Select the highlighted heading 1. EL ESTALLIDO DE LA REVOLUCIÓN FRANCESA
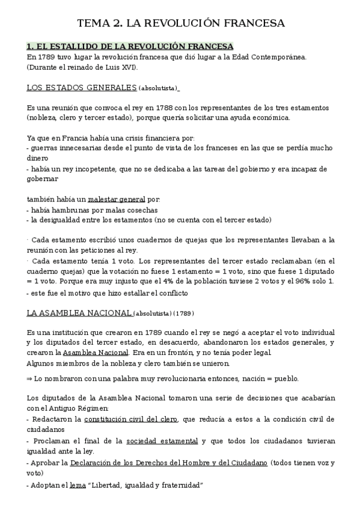(130, 46)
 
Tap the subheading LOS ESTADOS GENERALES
(82, 88)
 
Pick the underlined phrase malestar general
(117, 200)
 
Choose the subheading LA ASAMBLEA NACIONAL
(79, 313)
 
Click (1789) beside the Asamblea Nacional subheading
(183, 314)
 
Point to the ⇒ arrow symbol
(30, 379)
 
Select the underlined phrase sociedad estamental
(162, 441)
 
